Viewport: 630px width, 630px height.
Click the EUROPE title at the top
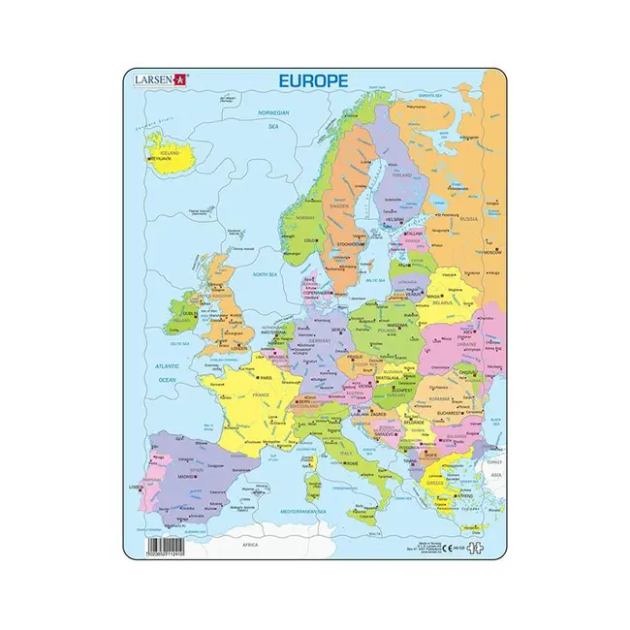tap(315, 84)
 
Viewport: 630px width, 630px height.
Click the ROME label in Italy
tap(350, 463)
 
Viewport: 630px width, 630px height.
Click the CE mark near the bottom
tap(447, 548)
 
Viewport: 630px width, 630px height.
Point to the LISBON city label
tap(136, 488)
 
